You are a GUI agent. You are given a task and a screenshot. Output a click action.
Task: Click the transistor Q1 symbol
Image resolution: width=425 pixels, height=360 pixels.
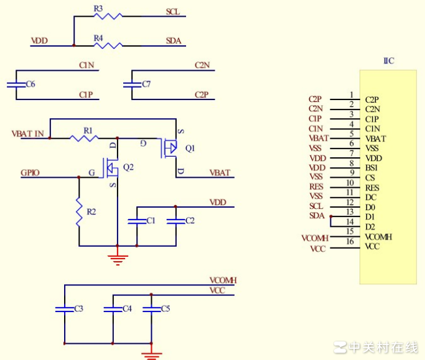170,148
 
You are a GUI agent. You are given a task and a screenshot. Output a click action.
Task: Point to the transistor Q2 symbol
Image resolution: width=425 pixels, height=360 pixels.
113,167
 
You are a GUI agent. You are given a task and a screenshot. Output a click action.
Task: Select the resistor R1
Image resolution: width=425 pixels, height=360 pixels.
85,137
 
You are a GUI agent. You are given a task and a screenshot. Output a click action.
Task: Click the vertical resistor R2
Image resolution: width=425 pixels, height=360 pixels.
79,211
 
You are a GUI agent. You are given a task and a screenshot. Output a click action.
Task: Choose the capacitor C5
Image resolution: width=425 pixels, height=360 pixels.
150,309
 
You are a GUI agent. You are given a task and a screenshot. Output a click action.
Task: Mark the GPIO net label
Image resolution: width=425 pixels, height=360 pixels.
30,172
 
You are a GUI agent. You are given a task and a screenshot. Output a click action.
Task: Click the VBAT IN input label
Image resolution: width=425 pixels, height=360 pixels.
27,133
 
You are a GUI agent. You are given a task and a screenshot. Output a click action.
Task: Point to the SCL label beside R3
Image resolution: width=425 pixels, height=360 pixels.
173,12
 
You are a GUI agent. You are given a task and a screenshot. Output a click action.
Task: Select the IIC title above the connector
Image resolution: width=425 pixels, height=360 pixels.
388,61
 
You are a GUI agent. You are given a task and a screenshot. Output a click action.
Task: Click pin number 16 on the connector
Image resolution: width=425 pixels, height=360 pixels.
352,242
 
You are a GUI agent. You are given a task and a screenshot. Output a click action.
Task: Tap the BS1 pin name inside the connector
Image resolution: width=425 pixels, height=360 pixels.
372,168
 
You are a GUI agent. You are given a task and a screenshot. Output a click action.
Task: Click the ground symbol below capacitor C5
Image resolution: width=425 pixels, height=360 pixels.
150,354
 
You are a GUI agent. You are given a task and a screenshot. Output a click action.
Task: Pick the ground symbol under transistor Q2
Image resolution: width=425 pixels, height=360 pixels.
117,257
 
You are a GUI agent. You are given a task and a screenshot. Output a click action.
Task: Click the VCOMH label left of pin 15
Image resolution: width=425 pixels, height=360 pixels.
315,238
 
